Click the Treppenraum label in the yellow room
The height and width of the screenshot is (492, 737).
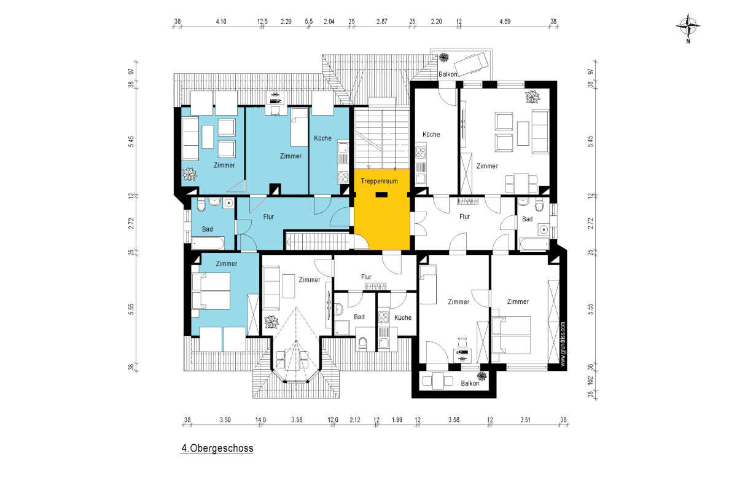coord(379,181)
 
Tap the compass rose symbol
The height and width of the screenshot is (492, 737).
coord(688,26)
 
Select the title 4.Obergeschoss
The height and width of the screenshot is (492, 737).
coord(217,448)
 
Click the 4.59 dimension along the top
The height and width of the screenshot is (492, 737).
coord(505,22)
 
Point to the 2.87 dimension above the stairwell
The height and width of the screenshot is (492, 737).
coord(381,22)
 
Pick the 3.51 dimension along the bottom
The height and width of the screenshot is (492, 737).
coord(525,420)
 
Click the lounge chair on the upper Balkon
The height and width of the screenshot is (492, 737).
coord(471,64)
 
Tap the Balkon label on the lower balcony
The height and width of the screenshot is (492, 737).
coord(470,383)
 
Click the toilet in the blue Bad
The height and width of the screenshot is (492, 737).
coord(201,204)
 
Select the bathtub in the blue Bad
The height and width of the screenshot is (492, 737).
coord(208,244)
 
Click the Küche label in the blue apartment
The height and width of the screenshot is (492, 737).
coord(322,138)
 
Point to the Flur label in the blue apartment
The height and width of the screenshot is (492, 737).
coord(268,216)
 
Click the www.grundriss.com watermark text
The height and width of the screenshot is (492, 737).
coord(563,344)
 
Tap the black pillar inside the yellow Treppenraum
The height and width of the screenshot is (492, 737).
coord(381,195)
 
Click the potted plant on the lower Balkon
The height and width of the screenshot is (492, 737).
coord(482,376)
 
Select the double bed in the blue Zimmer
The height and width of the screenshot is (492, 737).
coord(211,292)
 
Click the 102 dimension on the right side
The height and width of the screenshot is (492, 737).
coord(590,381)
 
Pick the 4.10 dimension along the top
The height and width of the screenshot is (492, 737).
coord(221,22)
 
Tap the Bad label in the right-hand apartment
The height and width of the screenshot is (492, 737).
coord(527,219)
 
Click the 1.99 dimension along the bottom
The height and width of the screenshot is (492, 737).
coord(397,420)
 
